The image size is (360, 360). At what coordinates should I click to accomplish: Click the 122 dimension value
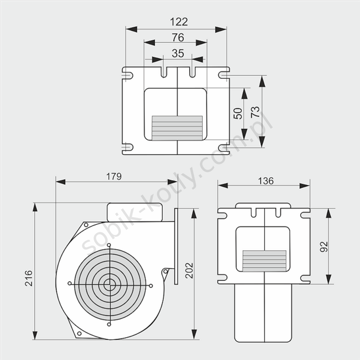[179, 22]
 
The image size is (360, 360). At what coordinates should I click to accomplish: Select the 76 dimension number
[178, 38]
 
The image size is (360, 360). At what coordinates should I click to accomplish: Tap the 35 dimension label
[178, 54]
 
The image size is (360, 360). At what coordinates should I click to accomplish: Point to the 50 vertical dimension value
[238, 114]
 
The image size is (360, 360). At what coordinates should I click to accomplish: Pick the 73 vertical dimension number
[255, 112]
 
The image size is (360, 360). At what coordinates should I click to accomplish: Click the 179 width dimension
[114, 176]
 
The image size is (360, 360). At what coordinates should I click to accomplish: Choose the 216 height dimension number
[29, 278]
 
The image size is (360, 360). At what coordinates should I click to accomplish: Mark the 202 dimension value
[189, 270]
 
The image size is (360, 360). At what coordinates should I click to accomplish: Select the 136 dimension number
[266, 181]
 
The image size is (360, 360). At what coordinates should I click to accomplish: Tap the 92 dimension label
[324, 246]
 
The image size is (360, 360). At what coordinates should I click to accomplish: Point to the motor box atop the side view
[135, 212]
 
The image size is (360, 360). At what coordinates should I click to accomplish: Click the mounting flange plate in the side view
[176, 246]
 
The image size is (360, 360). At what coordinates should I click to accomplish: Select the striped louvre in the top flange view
[177, 128]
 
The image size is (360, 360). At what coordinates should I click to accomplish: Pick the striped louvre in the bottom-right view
[264, 261]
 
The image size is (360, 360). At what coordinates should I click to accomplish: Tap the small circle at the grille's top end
[109, 245]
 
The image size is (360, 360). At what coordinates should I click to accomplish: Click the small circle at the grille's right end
[151, 286]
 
